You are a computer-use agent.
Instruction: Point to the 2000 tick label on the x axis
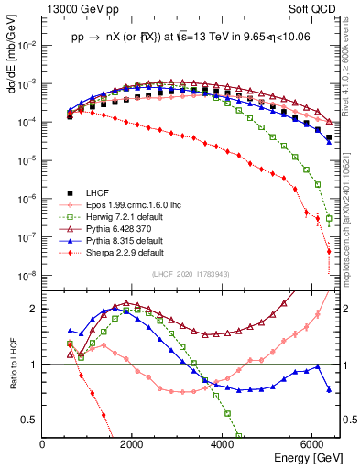click(x=132, y=443)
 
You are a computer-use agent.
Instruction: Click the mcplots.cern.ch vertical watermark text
click(x=353, y=202)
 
